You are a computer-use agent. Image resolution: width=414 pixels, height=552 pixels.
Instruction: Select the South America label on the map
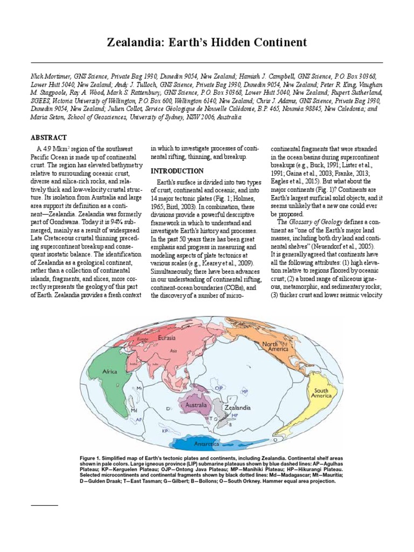tap(322, 394)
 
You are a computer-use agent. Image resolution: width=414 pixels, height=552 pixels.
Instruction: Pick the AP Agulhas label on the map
tap(139, 419)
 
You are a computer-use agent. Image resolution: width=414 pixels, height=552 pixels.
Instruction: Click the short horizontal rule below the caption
tap(44, 505)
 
